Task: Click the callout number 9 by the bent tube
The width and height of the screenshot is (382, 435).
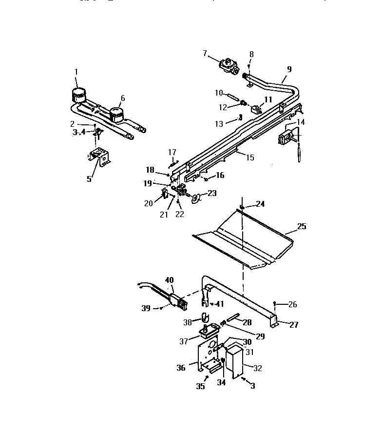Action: click(289, 69)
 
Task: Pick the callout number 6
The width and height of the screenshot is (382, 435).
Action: click(123, 98)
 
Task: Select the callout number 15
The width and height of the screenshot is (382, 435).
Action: click(250, 158)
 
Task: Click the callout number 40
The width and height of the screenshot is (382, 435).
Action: click(169, 280)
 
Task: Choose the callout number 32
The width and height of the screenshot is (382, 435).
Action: click(258, 368)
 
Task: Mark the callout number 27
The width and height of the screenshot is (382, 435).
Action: click(295, 325)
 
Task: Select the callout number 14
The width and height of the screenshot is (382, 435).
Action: click(301, 122)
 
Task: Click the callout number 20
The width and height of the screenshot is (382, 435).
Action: click(149, 203)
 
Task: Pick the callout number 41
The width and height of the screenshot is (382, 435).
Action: click(220, 303)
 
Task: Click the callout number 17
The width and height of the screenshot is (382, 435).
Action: click(172, 152)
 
